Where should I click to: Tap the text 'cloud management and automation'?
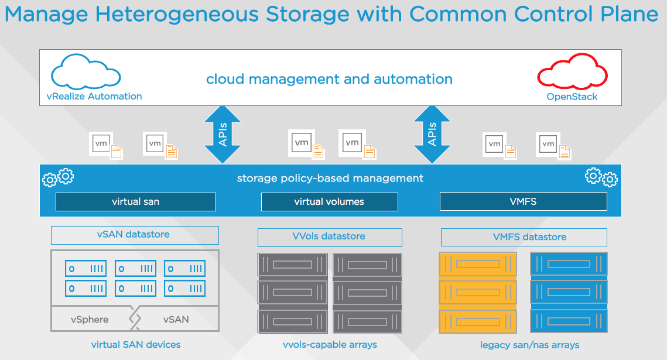(329, 79)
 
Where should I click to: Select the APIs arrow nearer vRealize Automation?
(223, 134)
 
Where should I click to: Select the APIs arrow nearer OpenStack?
(432, 134)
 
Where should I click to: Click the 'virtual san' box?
(135, 202)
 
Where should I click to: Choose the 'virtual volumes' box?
(329, 202)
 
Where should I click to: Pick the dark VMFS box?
(523, 202)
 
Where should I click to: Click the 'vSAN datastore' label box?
(135, 235)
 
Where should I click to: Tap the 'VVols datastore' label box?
(329, 237)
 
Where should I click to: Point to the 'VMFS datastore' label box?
(524, 237)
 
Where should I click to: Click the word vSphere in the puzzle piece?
(90, 320)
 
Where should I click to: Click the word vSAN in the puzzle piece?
(176, 320)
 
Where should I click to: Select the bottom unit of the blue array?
(569, 321)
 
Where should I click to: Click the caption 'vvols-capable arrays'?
(329, 345)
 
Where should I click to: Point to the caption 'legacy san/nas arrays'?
(529, 345)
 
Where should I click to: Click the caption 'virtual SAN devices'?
(135, 345)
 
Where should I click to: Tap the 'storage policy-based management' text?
(330, 178)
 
